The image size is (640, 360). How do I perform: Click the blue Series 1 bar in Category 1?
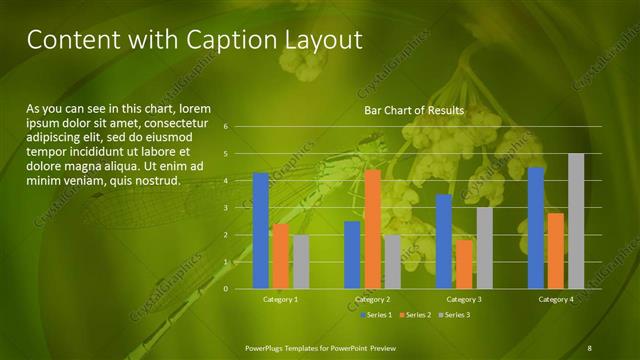[x=261, y=231]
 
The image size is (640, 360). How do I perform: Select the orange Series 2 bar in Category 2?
[x=372, y=229]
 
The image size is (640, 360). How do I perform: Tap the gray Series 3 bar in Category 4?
[x=576, y=221]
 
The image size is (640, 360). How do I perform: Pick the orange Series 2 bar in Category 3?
[x=464, y=264]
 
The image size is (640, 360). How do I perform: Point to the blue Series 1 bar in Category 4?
[x=536, y=228]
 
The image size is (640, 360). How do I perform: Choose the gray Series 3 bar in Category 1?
[x=301, y=262]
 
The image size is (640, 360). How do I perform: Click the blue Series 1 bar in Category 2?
[x=352, y=255]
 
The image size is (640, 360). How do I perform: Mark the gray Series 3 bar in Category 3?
[x=484, y=248]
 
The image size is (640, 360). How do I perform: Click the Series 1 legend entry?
[x=376, y=315]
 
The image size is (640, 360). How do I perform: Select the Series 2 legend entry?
[x=415, y=315]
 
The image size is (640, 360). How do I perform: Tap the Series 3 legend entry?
[x=454, y=315]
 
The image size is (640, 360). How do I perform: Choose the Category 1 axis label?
[x=280, y=300]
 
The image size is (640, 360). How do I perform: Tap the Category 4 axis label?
[x=556, y=300]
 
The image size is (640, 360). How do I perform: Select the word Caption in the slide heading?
[x=223, y=39]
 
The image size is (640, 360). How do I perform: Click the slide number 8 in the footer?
[x=590, y=346]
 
